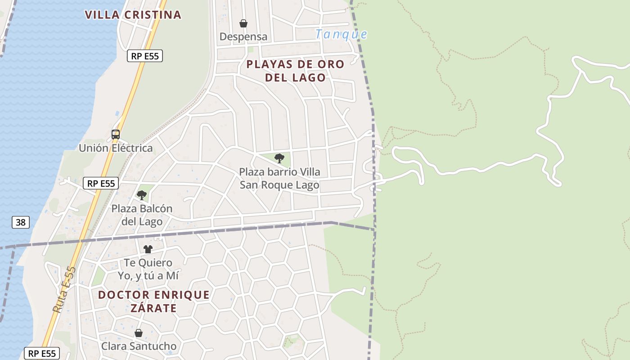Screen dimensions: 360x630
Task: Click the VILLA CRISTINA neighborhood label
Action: pos(133,15)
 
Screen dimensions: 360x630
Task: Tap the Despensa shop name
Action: pos(243,36)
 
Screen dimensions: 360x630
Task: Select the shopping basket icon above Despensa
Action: pos(243,23)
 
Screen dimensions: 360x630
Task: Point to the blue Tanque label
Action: pos(341,34)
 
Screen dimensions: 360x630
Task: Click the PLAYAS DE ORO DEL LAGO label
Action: pos(295,71)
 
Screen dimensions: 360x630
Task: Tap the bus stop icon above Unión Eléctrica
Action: pos(116,134)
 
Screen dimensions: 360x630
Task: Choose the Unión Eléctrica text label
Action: pos(116,148)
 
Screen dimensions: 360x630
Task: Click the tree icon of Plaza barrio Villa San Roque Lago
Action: pos(279,158)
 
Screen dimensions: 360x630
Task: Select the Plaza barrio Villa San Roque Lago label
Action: pos(279,178)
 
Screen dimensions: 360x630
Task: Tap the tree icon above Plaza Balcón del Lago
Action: pos(142,195)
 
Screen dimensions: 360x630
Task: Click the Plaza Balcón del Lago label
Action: pos(142,215)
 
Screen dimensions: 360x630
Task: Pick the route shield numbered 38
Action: pos(21,222)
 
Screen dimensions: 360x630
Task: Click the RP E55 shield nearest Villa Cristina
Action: pos(145,56)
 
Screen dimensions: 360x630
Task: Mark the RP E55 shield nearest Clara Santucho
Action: pos(42,353)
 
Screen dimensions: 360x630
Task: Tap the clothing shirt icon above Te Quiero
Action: pos(148,249)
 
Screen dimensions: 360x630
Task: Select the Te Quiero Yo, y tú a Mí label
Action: pos(148,269)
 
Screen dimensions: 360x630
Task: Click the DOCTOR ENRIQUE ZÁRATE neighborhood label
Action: pos(154,301)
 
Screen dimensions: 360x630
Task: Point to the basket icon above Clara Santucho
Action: pos(139,333)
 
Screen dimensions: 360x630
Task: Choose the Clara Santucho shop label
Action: pos(139,346)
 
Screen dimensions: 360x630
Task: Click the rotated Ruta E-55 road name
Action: pos(64,289)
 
